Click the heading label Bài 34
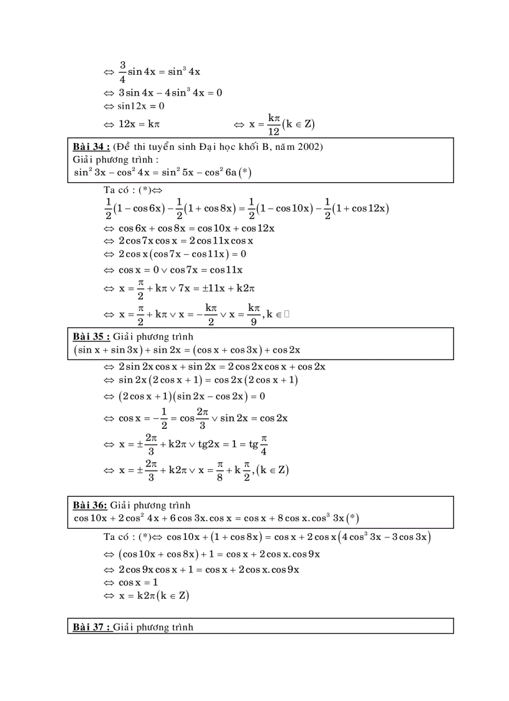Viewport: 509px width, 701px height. coord(92,147)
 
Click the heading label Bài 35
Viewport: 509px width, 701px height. coord(92,337)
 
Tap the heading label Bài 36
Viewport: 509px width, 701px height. coord(90,505)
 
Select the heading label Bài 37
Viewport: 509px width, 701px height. coord(92,627)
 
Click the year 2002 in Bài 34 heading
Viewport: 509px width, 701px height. coord(311,147)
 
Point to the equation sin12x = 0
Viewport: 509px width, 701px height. coord(141,106)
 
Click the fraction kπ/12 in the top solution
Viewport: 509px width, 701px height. coord(273,124)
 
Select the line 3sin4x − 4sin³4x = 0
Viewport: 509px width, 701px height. coord(170,92)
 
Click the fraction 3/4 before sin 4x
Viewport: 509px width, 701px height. coord(123,72)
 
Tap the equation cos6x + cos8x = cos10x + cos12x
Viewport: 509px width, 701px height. coord(197,228)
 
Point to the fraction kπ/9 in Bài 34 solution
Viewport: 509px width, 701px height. coord(253,315)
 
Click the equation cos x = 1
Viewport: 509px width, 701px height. coord(138,582)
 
